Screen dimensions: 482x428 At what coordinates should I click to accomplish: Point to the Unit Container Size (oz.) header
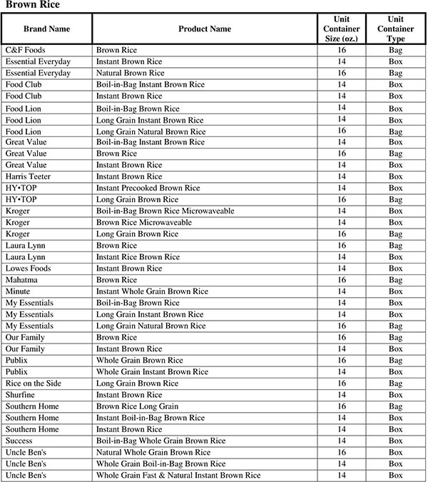tap(342, 29)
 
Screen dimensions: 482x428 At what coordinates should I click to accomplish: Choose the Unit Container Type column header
tap(396, 29)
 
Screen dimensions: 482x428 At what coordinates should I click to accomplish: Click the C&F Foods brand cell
tap(26, 50)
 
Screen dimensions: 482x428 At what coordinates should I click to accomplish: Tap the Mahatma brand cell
tap(23, 280)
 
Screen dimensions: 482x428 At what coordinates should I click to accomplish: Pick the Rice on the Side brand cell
tap(33, 383)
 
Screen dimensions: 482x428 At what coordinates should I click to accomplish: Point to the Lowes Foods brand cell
tap(28, 268)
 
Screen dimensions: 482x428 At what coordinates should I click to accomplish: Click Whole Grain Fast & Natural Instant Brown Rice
tap(178, 475)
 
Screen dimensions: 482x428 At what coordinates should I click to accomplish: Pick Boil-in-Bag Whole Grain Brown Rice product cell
tap(160, 441)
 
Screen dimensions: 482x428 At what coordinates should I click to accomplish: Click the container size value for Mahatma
tap(342, 280)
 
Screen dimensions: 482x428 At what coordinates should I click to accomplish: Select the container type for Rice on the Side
tap(396, 383)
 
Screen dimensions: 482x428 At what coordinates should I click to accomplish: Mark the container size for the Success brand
tap(342, 441)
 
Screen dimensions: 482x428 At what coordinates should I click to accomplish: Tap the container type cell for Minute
tap(396, 291)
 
